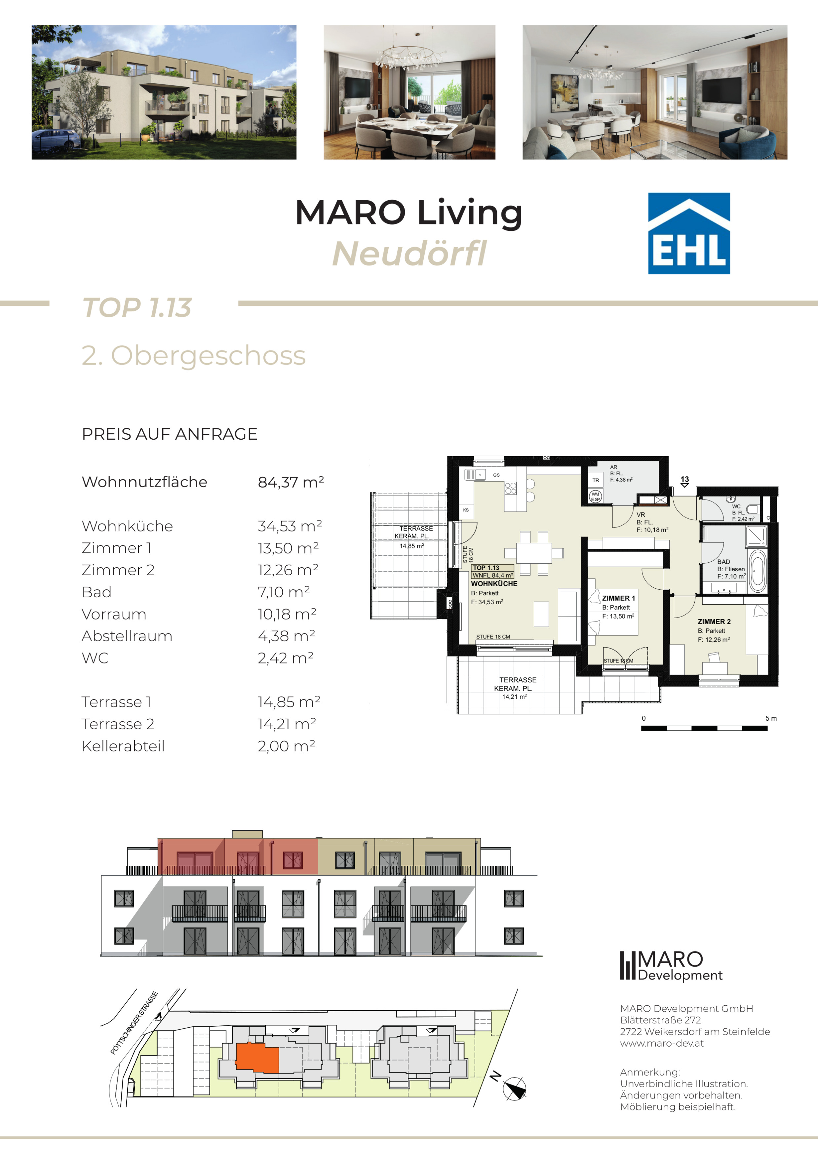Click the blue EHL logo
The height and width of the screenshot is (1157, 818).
pyautogui.click(x=688, y=233)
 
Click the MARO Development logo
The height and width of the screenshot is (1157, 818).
pyautogui.click(x=671, y=966)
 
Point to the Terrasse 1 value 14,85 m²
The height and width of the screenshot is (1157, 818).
pyautogui.click(x=289, y=701)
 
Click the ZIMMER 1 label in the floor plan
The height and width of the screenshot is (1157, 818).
pyautogui.click(x=618, y=598)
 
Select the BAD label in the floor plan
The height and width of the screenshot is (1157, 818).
pyautogui.click(x=723, y=561)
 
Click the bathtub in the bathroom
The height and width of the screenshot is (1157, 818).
pyautogui.click(x=758, y=571)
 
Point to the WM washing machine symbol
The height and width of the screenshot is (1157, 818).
pyautogui.click(x=595, y=497)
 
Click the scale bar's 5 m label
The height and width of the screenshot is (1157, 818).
pyautogui.click(x=771, y=718)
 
